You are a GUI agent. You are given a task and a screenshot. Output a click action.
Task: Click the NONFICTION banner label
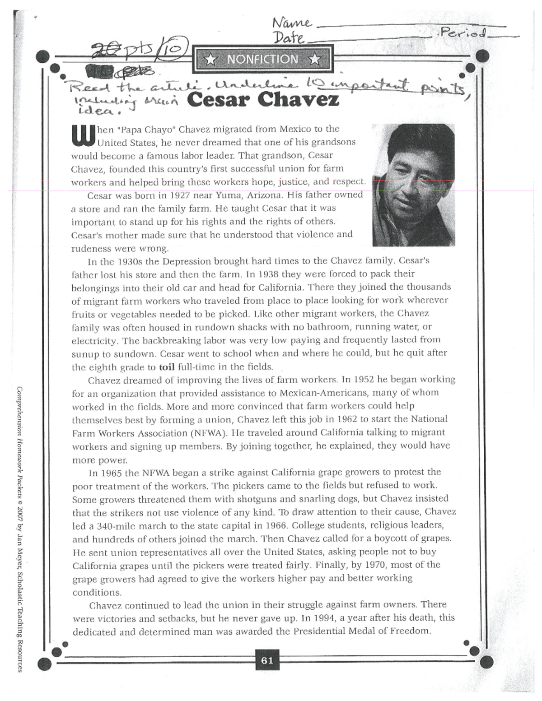(262, 59)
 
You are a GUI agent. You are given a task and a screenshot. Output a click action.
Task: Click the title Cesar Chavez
(262, 99)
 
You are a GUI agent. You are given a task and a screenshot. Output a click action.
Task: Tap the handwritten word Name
(292, 23)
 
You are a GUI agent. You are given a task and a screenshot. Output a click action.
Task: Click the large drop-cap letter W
(83, 135)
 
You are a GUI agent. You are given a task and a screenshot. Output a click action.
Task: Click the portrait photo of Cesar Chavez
(413, 185)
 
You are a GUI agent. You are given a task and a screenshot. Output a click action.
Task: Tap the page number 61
(267, 660)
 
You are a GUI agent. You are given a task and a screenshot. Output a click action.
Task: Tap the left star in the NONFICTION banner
(210, 60)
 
